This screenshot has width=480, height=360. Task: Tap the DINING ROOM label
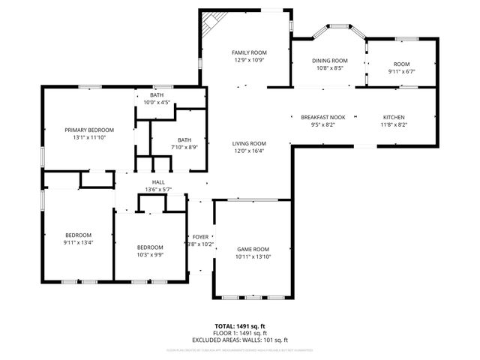329,61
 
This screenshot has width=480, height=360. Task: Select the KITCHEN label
394,118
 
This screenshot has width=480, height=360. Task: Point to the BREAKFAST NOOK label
322,118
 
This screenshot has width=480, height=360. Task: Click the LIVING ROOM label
249,143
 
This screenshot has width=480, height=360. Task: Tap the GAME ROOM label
253,249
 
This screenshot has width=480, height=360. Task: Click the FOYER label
200,237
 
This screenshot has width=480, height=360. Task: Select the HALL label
158,182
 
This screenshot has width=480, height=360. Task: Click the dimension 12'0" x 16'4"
249,151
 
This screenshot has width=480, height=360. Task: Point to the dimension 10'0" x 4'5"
157,103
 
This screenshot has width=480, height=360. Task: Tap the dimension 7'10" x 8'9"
184,147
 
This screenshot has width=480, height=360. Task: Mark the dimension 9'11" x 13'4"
77,242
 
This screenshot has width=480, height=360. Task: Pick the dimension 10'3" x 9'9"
150,255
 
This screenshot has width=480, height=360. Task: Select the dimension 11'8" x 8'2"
394,125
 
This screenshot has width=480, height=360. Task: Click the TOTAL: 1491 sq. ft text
240,326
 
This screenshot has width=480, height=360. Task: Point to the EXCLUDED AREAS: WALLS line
240,339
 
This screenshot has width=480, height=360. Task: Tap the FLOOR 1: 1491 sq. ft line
240,333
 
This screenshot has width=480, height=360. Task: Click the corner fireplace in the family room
211,20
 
